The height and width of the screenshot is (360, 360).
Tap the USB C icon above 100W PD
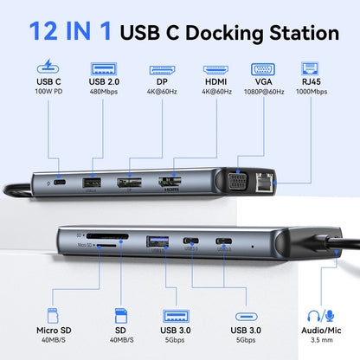[49, 67]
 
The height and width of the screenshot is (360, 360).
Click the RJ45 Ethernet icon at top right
[310, 68]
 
